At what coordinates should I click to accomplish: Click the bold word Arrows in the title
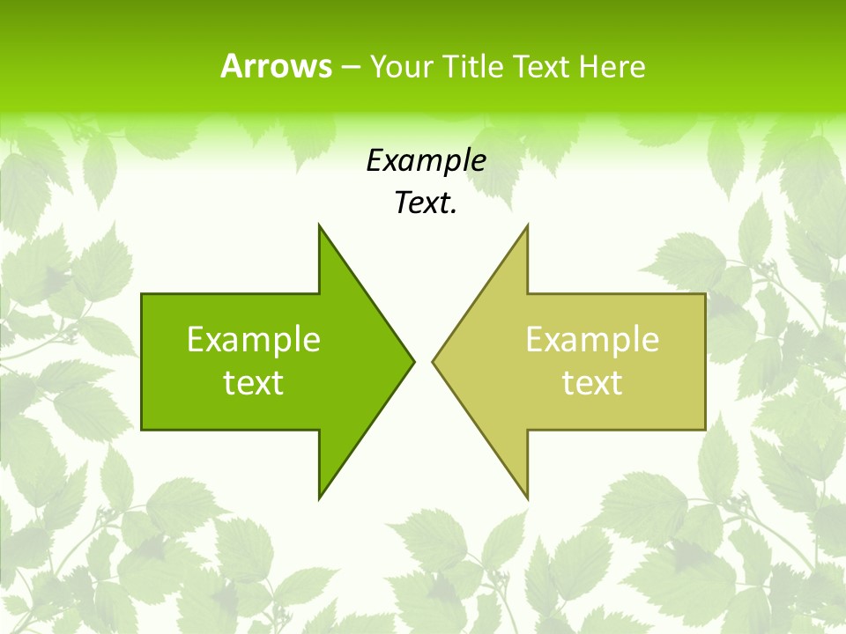(276, 66)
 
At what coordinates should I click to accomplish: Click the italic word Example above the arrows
(427, 160)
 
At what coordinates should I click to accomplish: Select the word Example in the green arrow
(254, 340)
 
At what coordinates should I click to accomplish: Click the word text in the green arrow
(254, 383)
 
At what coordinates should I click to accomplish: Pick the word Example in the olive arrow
(592, 340)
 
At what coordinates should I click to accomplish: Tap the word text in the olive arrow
(592, 383)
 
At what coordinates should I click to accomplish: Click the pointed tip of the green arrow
(413, 361)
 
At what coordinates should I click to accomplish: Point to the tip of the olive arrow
(434, 361)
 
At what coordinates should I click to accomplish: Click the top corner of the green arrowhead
(320, 226)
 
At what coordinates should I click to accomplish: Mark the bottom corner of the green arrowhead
(320, 497)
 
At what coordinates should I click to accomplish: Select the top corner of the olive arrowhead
(526, 226)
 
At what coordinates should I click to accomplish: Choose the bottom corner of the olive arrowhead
(526, 497)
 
